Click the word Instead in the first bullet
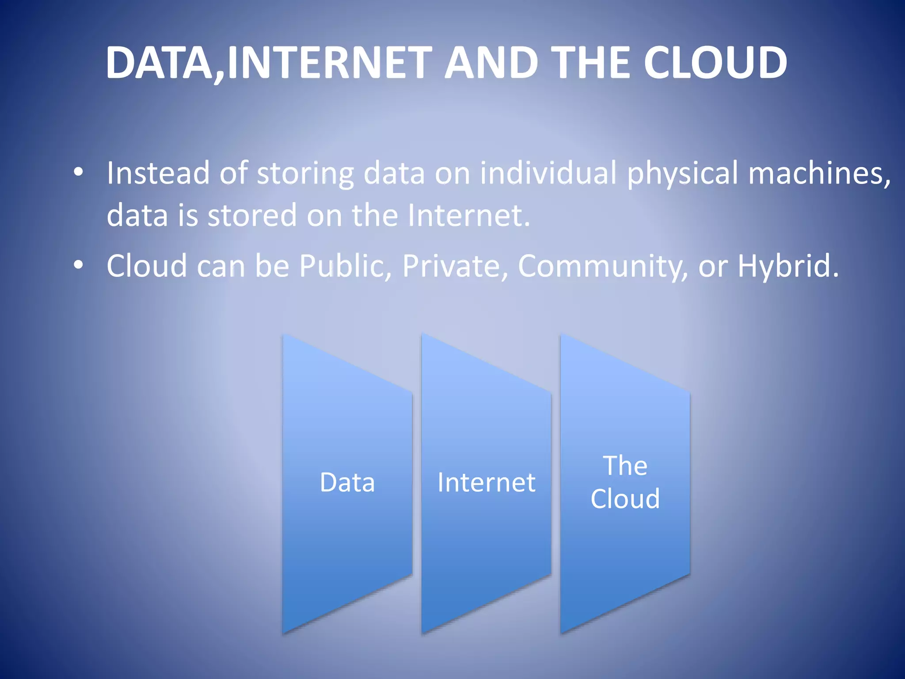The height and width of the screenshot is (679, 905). [158, 172]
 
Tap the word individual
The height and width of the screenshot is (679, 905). [548, 172]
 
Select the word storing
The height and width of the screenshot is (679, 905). [305, 173]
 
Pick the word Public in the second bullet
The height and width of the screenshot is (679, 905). [345, 266]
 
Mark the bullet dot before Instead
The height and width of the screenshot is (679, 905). [78, 172]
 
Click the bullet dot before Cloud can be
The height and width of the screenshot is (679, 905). [78, 265]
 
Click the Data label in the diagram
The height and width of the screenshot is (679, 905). [347, 482]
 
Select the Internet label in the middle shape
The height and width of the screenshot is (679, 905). [486, 482]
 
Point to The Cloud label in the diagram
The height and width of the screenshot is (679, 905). [625, 482]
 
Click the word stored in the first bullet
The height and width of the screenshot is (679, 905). [252, 215]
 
